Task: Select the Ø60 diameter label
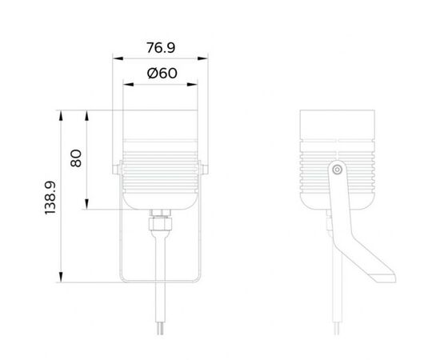click(x=161, y=74)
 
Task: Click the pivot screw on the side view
click(x=338, y=169)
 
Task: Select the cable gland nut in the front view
click(x=160, y=218)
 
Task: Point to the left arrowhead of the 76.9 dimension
click(x=115, y=58)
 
